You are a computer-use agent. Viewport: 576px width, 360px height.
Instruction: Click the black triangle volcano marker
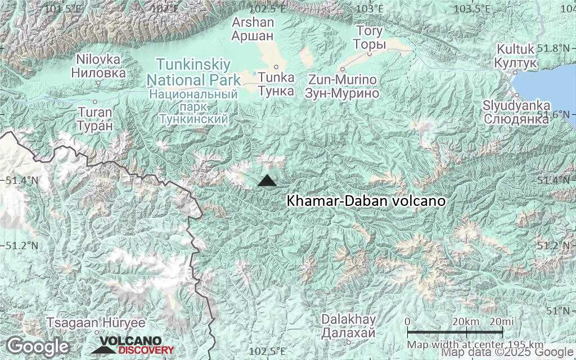[267, 181]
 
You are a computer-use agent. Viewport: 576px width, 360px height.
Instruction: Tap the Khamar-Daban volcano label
[366, 201]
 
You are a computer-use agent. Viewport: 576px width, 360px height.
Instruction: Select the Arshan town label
[253, 29]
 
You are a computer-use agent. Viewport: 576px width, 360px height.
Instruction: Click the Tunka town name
[276, 84]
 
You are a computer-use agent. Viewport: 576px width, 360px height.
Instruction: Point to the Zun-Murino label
[342, 87]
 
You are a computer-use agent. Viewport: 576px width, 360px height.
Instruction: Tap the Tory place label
[369, 38]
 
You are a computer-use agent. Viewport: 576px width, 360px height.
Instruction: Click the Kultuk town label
[515, 56]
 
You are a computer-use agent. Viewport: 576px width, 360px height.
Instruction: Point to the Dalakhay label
[348, 326]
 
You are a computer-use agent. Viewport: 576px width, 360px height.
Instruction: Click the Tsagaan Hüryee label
[96, 323]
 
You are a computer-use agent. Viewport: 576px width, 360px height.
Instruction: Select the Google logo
[37, 346]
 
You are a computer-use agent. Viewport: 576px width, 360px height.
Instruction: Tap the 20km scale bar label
[465, 321]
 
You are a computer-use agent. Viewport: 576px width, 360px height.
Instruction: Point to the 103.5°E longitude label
[471, 8]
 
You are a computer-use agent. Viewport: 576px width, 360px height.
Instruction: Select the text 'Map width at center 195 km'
[475, 344]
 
